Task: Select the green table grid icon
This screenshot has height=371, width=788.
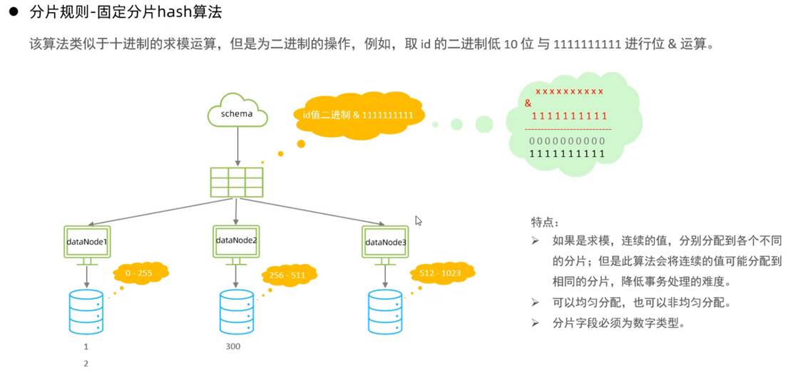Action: (x=236, y=182)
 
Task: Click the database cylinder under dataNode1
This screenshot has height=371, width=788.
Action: (x=86, y=311)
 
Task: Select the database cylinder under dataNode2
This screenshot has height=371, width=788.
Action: (x=236, y=311)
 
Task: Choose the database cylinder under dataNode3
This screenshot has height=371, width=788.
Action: (x=385, y=311)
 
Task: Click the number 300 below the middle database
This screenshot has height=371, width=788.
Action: (x=232, y=347)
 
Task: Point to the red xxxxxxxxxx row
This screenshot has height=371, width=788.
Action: (x=569, y=91)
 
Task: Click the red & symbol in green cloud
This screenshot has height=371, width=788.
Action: (x=528, y=103)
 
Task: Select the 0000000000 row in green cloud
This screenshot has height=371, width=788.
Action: (x=569, y=141)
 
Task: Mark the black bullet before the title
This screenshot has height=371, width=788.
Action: (x=12, y=13)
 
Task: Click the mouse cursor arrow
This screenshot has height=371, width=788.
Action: (x=419, y=221)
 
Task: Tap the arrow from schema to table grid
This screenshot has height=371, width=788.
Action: (x=237, y=147)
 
